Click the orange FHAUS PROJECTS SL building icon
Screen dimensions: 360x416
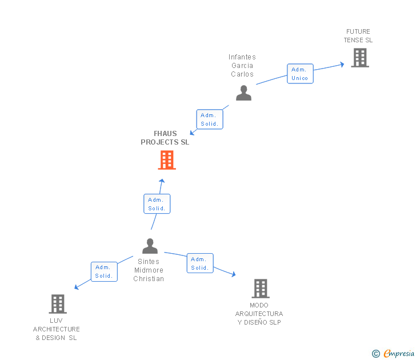click(x=166, y=161)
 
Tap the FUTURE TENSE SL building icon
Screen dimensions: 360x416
click(x=359, y=58)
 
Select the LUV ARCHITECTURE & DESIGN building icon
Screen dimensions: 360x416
click(x=58, y=304)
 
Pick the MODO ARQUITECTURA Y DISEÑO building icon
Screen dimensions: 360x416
click(x=260, y=289)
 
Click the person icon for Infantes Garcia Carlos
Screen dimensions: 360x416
click(x=243, y=93)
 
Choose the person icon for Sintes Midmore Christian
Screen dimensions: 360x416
click(x=150, y=246)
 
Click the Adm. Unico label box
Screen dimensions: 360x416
click(x=299, y=74)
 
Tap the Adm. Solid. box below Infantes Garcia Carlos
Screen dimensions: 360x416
click(x=209, y=119)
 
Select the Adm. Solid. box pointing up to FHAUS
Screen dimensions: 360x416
click(x=157, y=204)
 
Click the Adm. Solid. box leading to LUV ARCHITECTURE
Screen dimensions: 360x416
click(x=104, y=271)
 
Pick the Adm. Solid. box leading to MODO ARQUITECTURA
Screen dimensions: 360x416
click(x=199, y=263)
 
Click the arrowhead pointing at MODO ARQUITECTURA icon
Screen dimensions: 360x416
click(x=233, y=275)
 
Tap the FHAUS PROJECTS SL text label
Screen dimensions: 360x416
click(x=165, y=138)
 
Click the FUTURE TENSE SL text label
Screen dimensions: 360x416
click(x=358, y=36)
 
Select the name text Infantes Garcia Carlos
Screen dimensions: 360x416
click(x=242, y=65)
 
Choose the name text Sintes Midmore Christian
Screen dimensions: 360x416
click(x=149, y=270)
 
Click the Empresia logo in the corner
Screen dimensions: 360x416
click(x=398, y=354)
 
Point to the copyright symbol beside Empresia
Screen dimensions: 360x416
click(x=376, y=354)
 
